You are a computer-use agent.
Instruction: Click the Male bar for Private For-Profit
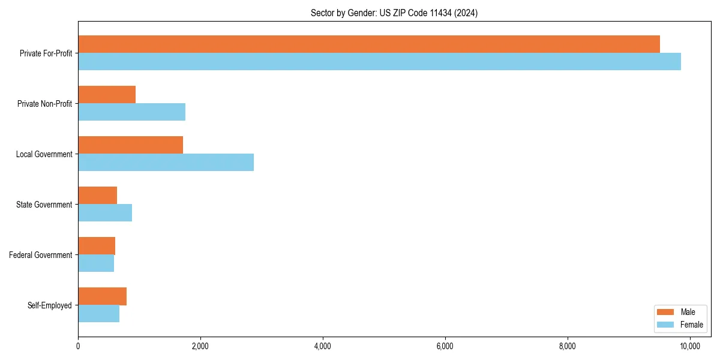point(369,44)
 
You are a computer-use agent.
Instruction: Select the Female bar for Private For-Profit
point(379,62)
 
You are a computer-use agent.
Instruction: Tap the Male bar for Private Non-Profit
point(107,95)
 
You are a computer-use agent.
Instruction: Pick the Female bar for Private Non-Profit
point(131,112)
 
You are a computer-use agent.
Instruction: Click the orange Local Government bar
point(130,145)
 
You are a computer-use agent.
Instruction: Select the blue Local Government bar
point(166,163)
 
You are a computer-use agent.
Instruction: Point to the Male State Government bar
point(97,196)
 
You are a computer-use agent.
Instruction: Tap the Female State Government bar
point(105,213)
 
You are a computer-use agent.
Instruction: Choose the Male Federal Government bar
point(97,246)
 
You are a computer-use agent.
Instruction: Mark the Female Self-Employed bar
point(98,314)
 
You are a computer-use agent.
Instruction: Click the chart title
point(394,13)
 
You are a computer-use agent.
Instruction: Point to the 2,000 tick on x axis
point(200,346)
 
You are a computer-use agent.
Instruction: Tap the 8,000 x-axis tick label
point(567,346)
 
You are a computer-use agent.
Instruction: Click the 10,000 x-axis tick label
point(689,346)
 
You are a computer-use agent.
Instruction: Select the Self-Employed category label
point(50,305)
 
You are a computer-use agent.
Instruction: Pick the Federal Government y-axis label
point(41,255)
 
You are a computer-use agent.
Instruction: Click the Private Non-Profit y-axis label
point(44,104)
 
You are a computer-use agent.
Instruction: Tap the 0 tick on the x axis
point(78,346)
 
